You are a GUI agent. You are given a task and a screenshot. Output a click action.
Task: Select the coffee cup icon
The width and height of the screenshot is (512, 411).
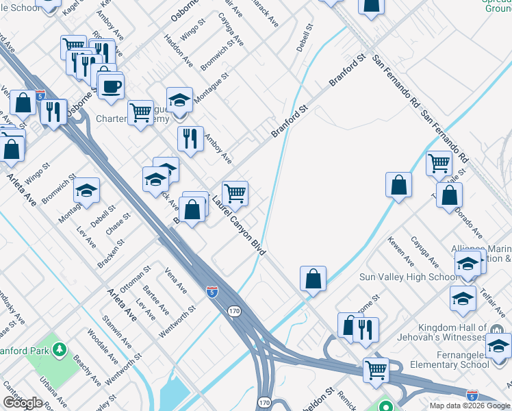pyautogui.click(x=110, y=87)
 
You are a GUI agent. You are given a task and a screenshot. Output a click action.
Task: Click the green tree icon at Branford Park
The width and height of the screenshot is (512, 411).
pyautogui.click(x=60, y=351)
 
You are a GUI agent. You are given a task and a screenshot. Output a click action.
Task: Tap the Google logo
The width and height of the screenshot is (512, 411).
pyautogui.click(x=23, y=403)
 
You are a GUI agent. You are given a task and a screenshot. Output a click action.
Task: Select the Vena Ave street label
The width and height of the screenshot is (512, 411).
pyautogui.click(x=176, y=281)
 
